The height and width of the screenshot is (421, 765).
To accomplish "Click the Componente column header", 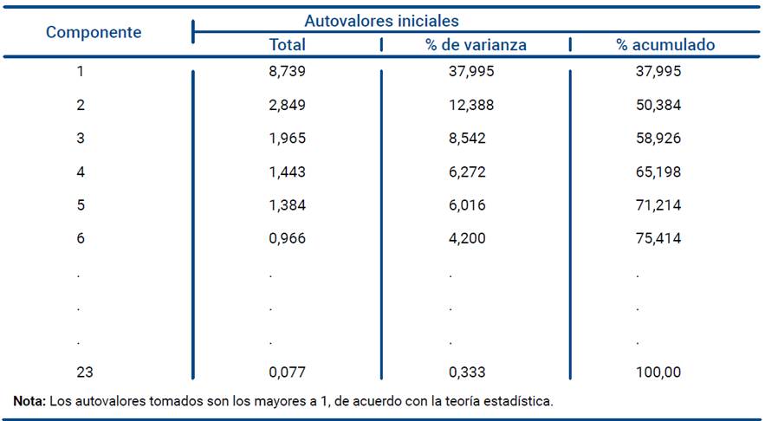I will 94,33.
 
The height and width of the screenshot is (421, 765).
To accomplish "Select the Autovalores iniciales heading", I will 381,21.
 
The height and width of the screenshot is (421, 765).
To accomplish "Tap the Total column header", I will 287,45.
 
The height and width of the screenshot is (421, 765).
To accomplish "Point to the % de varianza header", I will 476,45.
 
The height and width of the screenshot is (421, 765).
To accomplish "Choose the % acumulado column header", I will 665,45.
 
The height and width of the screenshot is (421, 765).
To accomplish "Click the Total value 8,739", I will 287,72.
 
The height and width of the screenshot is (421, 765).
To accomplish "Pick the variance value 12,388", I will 467,105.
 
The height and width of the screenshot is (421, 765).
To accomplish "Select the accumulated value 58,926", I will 658,139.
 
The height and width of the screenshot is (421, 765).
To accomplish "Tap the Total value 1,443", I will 287,172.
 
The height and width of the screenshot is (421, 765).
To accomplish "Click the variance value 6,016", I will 467,205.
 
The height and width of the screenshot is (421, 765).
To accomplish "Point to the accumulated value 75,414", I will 658,239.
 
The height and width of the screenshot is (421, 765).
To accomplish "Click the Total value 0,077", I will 287,372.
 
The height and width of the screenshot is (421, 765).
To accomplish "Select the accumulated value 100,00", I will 658,372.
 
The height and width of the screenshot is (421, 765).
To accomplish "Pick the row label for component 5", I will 80,205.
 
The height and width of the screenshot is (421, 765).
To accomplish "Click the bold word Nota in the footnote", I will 29,401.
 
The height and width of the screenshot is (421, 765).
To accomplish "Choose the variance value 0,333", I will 467,372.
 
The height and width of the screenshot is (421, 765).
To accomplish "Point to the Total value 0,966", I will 287,239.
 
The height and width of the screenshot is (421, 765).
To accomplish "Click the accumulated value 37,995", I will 658,72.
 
